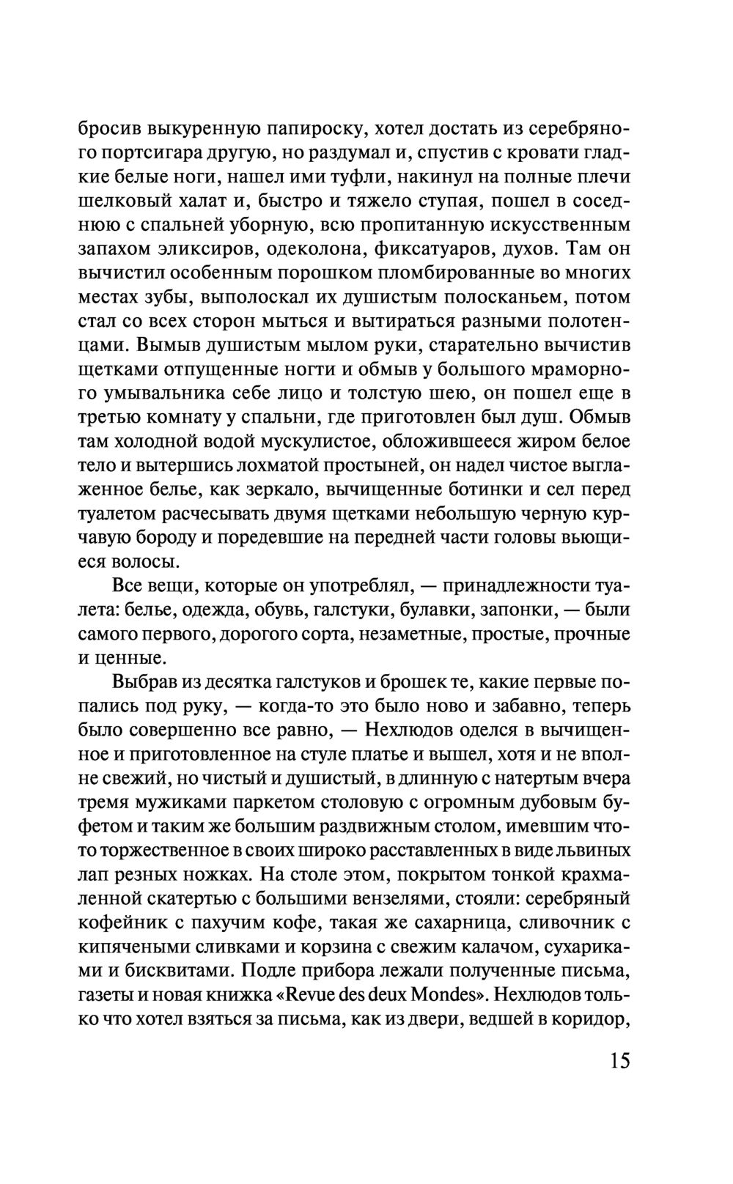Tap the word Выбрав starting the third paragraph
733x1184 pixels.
point(144,683)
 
